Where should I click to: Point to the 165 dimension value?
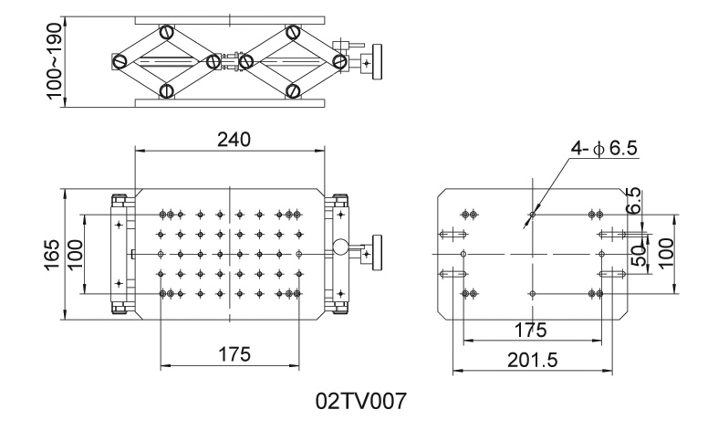click(x=53, y=253)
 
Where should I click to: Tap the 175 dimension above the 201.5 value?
click(x=531, y=329)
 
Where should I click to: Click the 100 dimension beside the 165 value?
click(x=75, y=253)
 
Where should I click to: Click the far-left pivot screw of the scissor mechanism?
click(x=120, y=62)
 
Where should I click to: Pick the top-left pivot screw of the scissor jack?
click(x=166, y=32)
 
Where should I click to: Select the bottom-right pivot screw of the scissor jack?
click(x=293, y=90)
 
